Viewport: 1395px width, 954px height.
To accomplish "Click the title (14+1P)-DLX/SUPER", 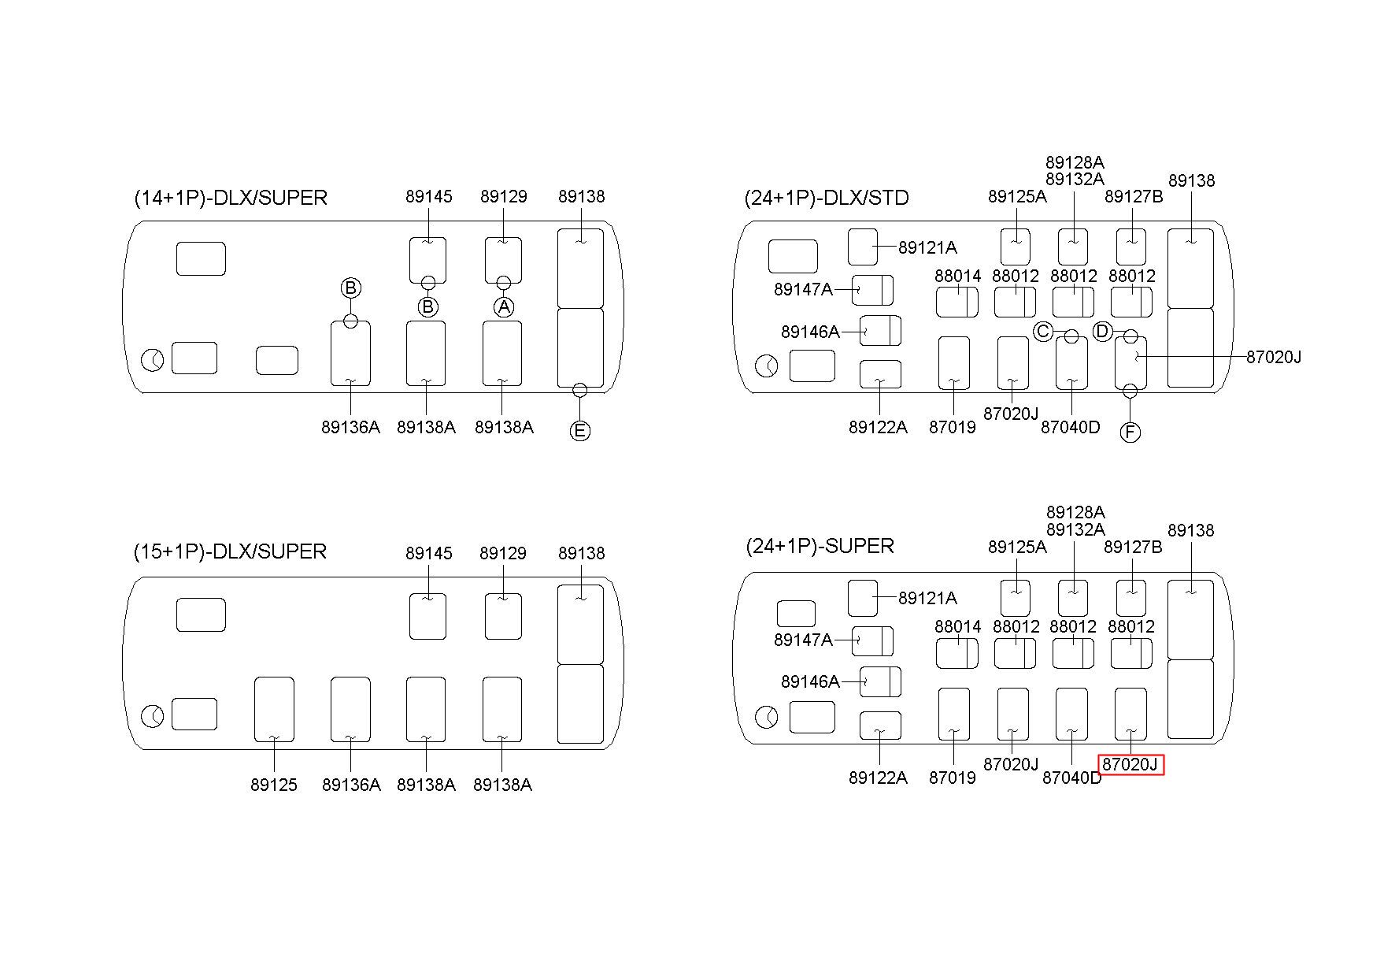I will pos(231,198).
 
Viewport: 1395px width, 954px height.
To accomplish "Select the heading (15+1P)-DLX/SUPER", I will pos(230,551).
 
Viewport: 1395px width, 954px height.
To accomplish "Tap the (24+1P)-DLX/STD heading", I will pos(827,198).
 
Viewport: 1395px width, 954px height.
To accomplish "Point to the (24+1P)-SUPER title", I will pos(820,546).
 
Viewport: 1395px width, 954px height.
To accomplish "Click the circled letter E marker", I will pos(579,430).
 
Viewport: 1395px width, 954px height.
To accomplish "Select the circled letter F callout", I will pos(1130,432).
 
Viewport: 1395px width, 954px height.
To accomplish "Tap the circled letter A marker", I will pos(504,306).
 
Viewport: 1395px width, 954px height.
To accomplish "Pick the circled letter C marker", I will pos(1043,332).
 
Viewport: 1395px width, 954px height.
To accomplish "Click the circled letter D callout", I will pos(1102,332).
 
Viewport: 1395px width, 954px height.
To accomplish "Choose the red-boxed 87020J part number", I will pos(1130,764).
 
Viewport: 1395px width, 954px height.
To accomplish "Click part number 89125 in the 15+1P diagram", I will pos(274,785).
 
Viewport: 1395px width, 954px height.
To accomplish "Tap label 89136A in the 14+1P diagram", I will pos(350,427).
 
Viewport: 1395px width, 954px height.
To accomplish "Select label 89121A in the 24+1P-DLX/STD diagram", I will pos(927,247).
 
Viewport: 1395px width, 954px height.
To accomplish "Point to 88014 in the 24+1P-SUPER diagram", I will pos(958,626).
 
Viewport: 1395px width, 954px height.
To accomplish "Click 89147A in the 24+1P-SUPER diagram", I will pos(803,640).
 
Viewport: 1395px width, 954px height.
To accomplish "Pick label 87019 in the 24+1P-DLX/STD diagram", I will pos(953,427).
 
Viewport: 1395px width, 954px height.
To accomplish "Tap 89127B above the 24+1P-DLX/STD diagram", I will pos(1134,196).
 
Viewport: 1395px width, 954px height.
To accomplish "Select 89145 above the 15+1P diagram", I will pos(429,553).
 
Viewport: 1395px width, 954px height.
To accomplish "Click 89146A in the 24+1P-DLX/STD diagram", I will pos(810,332).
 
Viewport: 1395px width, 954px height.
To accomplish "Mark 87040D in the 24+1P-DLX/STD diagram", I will pos(1071,427).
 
